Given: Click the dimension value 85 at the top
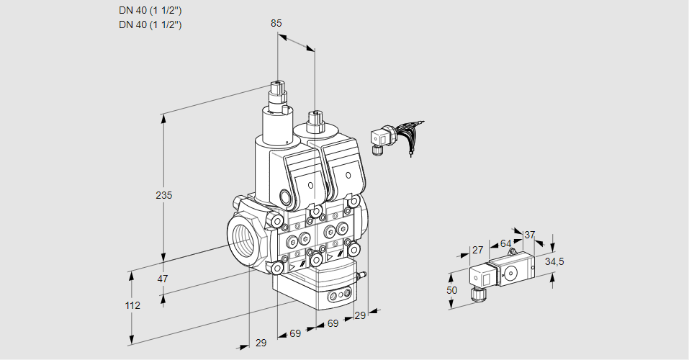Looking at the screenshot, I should point(276,23).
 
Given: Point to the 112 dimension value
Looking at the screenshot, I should point(132,305).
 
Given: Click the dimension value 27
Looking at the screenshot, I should point(477,250).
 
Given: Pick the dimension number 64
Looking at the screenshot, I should point(505,243).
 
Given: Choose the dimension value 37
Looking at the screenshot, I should point(530,235).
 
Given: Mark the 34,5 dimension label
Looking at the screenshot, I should point(554,261).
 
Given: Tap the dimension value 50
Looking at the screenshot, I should point(451,290).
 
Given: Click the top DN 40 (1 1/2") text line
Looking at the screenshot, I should point(150,10).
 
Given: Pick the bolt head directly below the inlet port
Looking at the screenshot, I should point(276,268).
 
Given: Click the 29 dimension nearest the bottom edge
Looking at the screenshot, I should point(260,343).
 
